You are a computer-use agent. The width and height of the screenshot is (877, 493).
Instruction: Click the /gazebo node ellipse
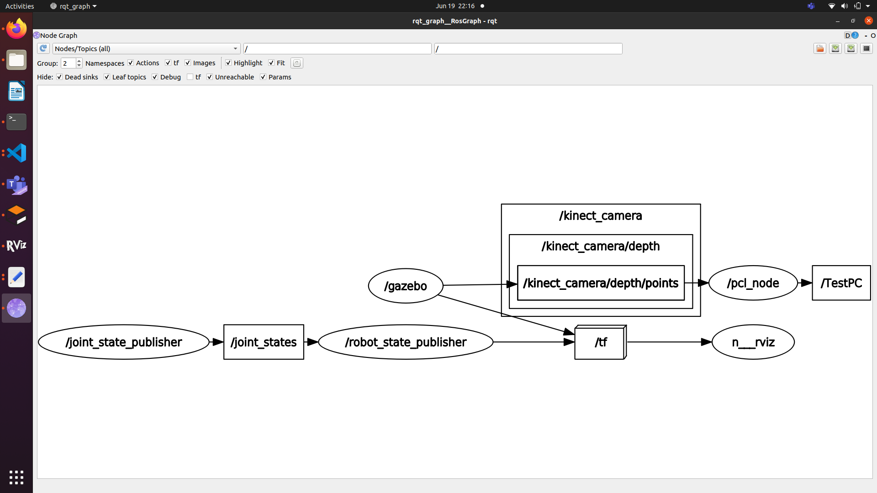point(406,286)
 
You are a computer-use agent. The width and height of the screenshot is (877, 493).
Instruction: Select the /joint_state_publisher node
point(124,342)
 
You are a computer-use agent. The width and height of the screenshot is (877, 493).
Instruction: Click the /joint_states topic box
point(264,342)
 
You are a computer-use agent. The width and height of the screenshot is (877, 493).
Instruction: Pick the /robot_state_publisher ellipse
point(406,342)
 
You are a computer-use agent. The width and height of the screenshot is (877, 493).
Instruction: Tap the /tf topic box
point(600,342)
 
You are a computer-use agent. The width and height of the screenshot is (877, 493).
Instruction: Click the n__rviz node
point(753,342)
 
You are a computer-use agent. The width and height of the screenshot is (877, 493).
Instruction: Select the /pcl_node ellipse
point(753,283)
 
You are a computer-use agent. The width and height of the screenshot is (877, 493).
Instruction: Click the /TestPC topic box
point(841,283)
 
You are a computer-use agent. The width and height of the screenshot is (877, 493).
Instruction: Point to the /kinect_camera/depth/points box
point(600,283)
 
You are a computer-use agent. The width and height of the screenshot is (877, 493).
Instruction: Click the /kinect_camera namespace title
point(600,215)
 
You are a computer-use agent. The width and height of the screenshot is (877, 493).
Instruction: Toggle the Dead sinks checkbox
point(59,77)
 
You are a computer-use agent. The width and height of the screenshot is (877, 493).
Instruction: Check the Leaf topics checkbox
point(107,77)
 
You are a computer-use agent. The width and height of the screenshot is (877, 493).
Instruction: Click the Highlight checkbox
point(228,63)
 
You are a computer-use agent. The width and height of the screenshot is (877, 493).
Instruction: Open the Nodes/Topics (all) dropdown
point(146,49)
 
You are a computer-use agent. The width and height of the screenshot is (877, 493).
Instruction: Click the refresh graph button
point(43,48)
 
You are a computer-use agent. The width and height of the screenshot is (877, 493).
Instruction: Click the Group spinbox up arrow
point(79,61)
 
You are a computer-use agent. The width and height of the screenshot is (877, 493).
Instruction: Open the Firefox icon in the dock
point(16,29)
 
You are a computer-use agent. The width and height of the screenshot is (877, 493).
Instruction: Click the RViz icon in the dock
point(16,246)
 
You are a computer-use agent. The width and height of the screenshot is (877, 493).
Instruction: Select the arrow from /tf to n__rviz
point(669,342)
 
